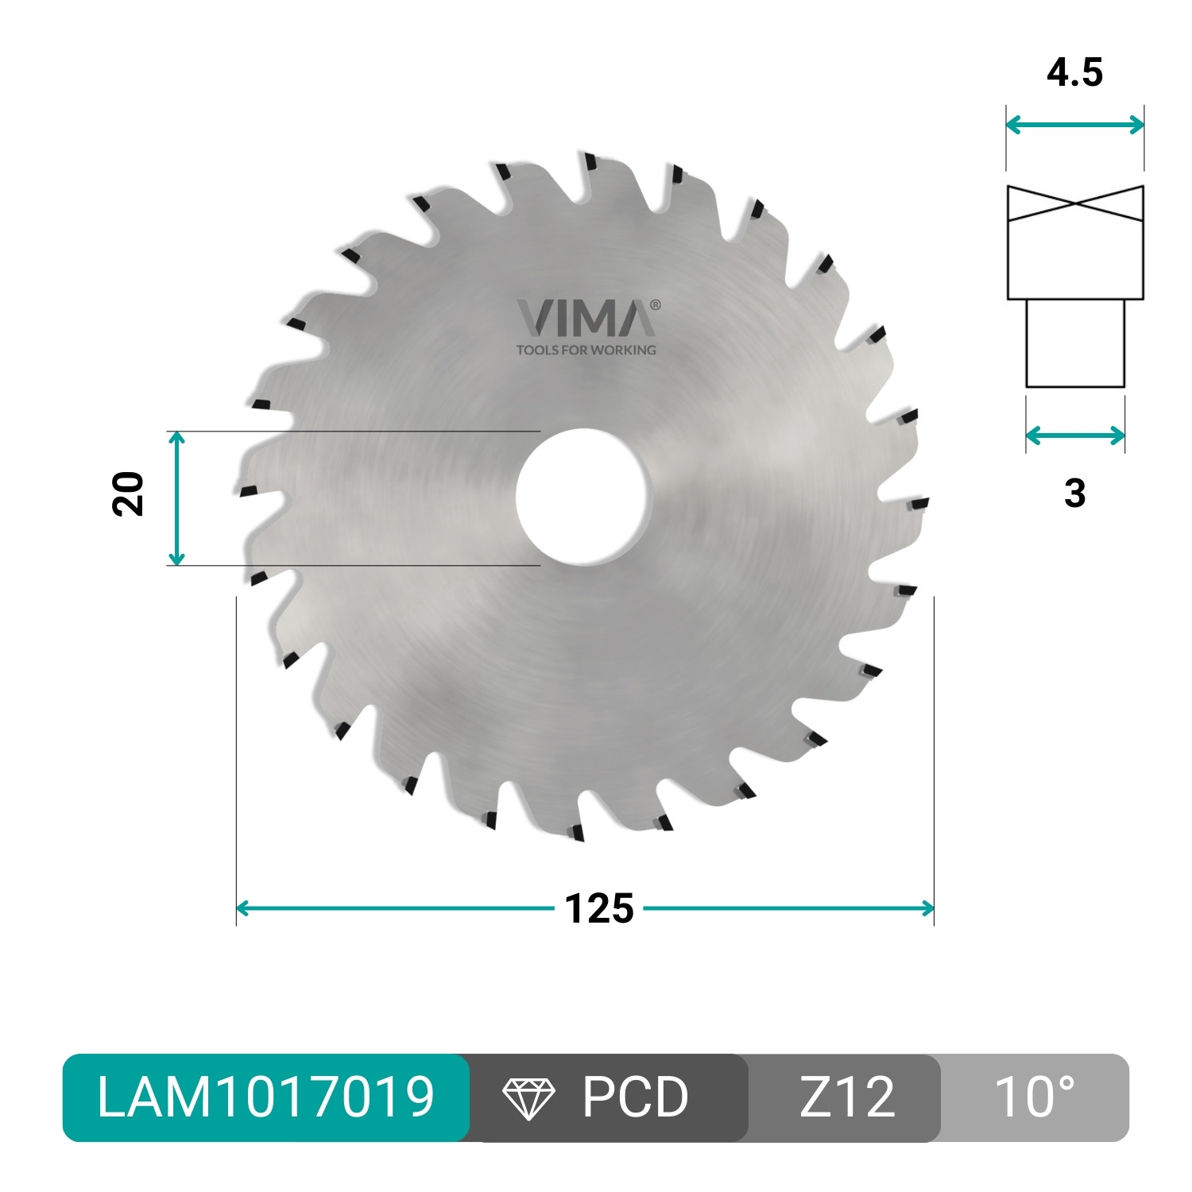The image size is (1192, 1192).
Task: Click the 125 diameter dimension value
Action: [599, 908]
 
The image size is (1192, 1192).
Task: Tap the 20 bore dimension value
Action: [129, 494]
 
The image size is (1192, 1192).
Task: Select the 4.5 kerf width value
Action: [1074, 72]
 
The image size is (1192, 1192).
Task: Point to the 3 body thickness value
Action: [1074, 493]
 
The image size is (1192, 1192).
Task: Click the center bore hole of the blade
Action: [582, 497]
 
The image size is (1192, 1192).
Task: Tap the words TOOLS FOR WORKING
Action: [586, 350]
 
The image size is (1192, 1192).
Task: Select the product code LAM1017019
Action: [265, 1097]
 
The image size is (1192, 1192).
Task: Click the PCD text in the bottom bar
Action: [635, 1097]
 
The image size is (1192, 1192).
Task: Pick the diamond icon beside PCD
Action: [528, 1098]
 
